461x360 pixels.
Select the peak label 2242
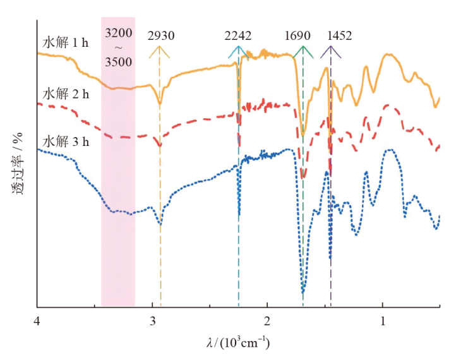point(237,36)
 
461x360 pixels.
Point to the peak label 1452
point(340,36)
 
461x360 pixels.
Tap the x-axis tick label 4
point(37,320)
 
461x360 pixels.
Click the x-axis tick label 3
point(152,320)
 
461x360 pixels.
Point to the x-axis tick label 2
point(267,320)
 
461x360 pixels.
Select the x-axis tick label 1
point(383,320)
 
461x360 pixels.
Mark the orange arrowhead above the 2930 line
point(159,50)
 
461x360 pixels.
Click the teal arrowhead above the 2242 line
point(237,50)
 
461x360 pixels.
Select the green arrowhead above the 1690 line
point(304,50)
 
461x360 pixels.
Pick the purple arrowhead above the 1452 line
point(330,50)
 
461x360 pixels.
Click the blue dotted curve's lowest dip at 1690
point(303,292)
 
